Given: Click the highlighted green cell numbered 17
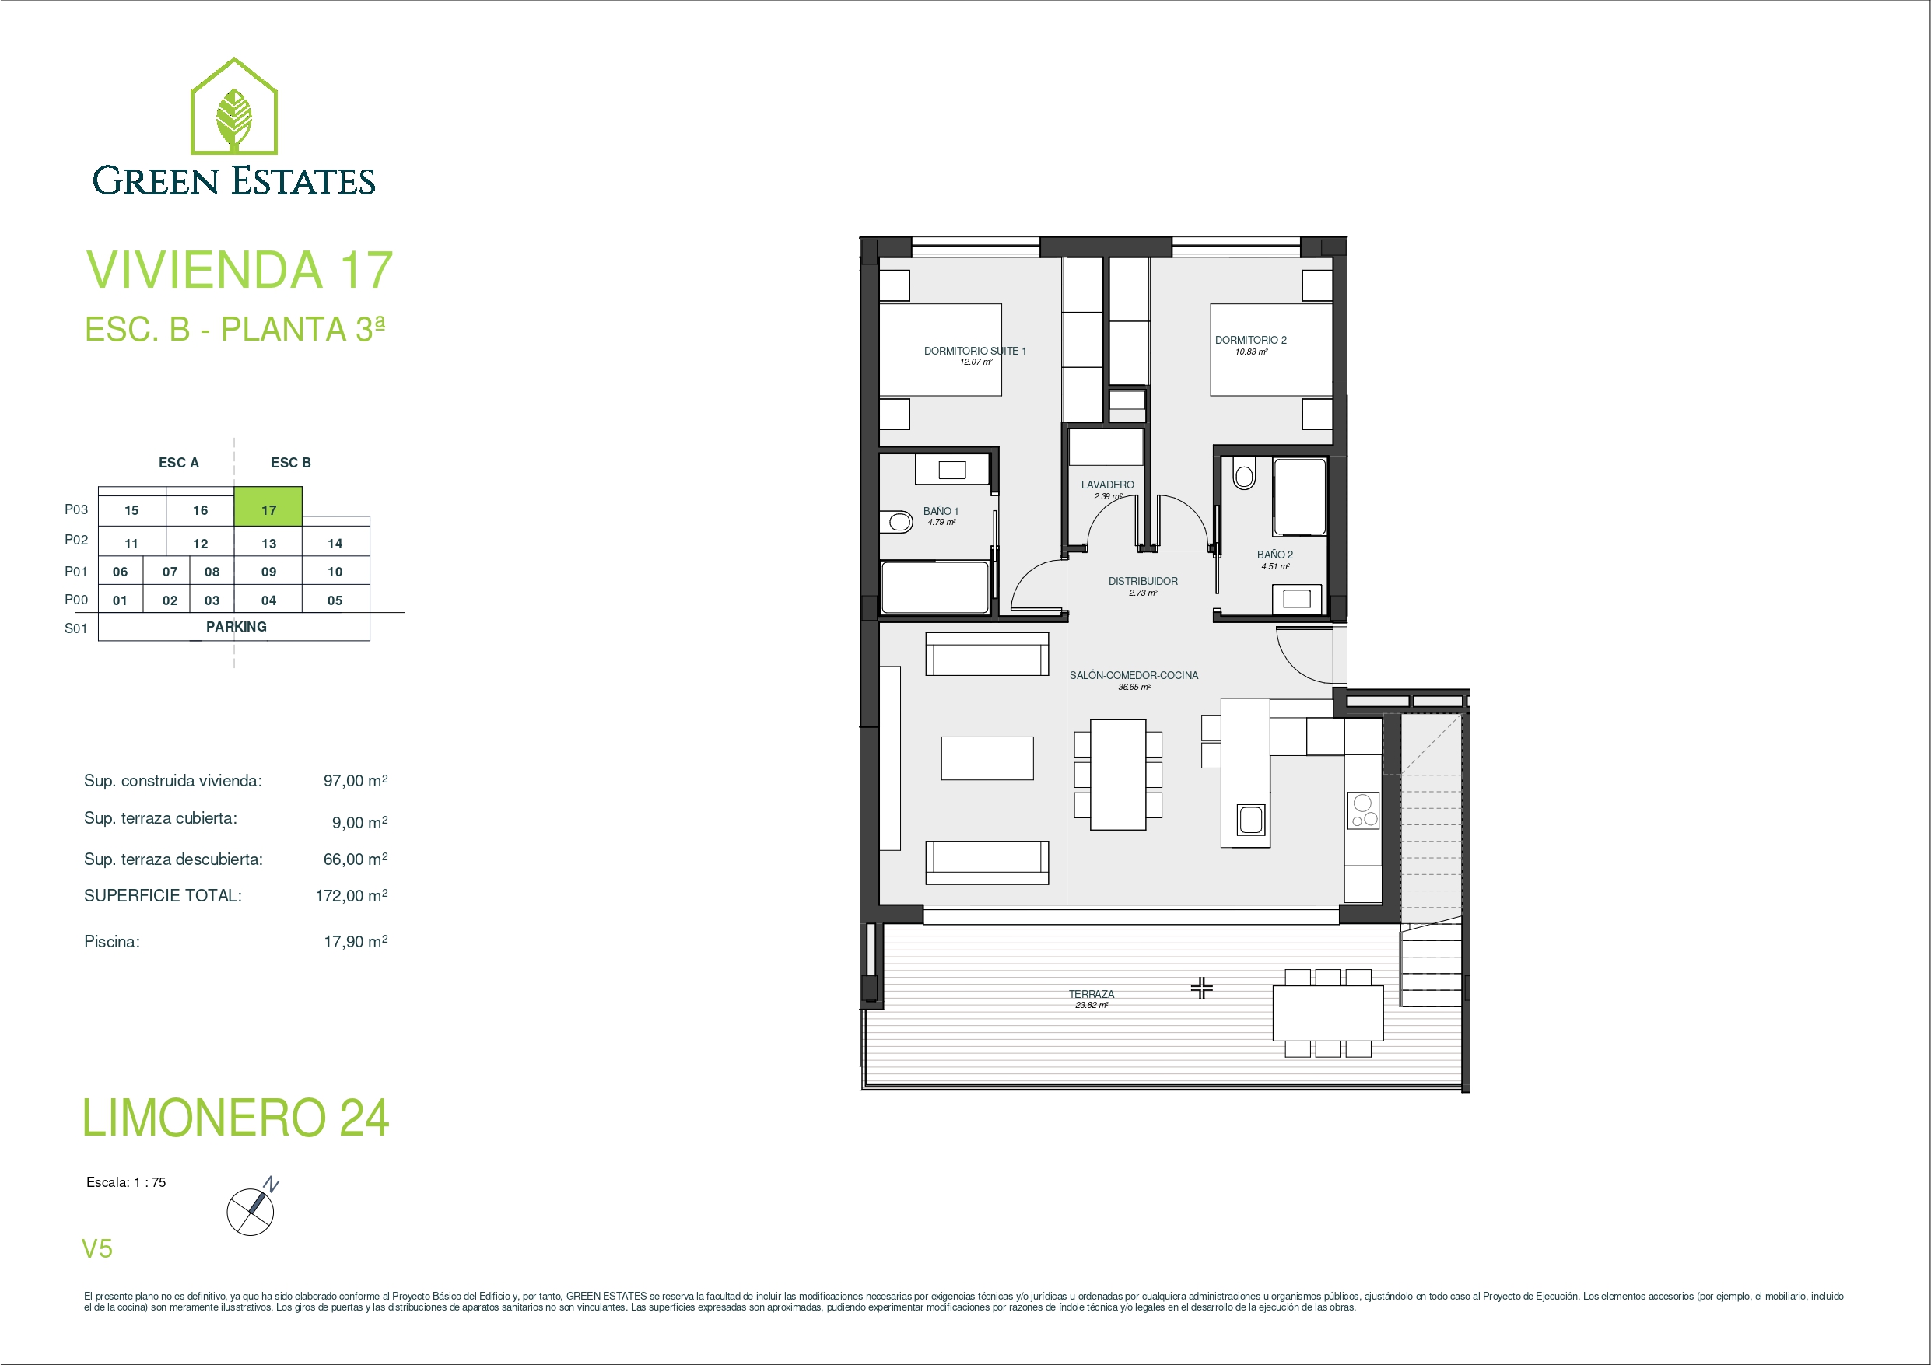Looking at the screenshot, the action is point(268,507).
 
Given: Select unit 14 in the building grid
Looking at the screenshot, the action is point(335,544).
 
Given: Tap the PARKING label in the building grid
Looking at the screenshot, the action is point(237,627).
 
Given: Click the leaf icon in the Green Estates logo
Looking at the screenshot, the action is point(234,117).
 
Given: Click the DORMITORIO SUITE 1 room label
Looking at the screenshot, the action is point(975,351).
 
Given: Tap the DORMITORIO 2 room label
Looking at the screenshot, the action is point(1250,340).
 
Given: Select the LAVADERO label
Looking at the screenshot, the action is point(1108,485).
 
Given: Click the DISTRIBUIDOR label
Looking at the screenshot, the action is point(1143,581).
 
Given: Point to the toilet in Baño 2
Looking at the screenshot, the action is point(1244,474).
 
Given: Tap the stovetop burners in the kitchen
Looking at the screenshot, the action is point(1363,810).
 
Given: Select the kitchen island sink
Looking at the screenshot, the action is point(1250,819).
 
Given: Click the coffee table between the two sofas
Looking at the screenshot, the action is point(987,758).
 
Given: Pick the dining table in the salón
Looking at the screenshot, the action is point(1118,775).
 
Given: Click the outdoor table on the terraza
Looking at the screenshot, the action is point(1328,1013).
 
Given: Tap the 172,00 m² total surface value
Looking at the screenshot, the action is point(352,896).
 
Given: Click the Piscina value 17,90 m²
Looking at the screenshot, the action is point(356,941).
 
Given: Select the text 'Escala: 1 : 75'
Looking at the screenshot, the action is point(126,1181).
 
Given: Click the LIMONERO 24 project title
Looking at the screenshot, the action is point(236,1118).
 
